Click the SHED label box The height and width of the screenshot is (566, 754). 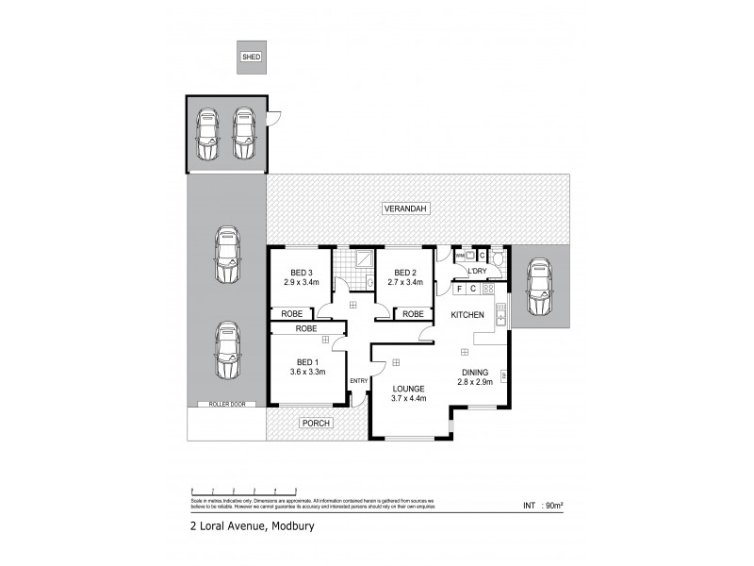[252, 58]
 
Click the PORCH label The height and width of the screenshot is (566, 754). [315, 424]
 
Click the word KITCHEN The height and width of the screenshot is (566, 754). [467, 313]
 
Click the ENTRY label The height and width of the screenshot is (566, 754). [358, 381]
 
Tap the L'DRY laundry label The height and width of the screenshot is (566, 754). [477, 272]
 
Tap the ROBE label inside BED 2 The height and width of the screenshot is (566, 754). [412, 313]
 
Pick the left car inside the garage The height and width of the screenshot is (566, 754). [206, 135]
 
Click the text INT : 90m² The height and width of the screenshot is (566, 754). [542, 506]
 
